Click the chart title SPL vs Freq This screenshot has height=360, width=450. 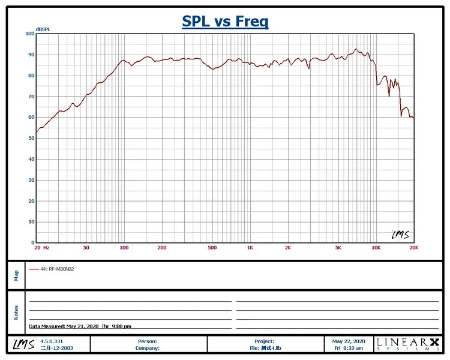point(225,22)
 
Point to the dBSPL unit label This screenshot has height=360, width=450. point(43,29)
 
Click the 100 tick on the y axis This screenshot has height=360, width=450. point(29,34)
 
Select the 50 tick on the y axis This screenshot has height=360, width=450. point(31,139)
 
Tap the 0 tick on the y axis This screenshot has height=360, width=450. point(32,243)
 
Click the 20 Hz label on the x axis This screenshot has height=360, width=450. point(42,248)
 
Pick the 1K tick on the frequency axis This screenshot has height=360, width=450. point(250,248)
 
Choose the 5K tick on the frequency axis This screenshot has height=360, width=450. point(338,248)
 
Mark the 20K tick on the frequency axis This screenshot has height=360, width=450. point(413,248)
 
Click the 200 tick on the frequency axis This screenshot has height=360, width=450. point(161,248)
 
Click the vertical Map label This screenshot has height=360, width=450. point(16,275)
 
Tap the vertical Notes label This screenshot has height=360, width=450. point(16,312)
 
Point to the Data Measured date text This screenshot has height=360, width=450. point(80,326)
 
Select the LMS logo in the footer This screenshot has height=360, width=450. point(22,344)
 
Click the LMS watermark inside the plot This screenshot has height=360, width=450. point(400,235)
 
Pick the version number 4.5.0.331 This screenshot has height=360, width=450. point(52,341)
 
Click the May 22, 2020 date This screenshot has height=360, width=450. point(349,341)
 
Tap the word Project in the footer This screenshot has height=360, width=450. point(264,341)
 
